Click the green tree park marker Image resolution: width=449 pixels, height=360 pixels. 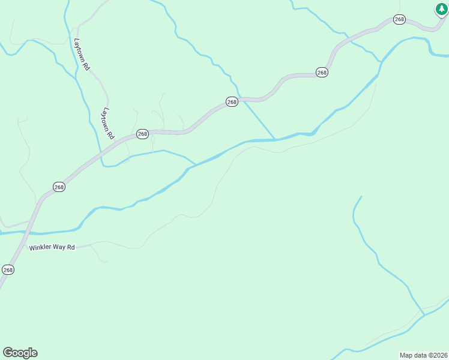pyautogui.click(x=442, y=9)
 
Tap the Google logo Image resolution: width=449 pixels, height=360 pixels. pyautogui.click(x=20, y=353)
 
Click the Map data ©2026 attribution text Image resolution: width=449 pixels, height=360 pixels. pyautogui.click(x=423, y=355)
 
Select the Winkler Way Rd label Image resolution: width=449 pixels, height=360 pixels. pyautogui.click(x=52, y=247)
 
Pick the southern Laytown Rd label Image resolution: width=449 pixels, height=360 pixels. pyautogui.click(x=107, y=124)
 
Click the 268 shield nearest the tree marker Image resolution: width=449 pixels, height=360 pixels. pyautogui.click(x=400, y=20)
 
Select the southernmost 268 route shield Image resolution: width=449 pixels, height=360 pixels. pyautogui.click(x=8, y=270)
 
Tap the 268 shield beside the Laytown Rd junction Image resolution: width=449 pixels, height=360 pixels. pyautogui.click(x=142, y=134)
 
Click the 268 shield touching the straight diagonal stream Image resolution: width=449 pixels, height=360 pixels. pyautogui.click(x=232, y=102)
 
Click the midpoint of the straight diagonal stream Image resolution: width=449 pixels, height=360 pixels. pyautogui.click(x=258, y=119)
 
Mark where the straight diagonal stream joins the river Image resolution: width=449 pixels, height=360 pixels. pyautogui.click(x=275, y=139)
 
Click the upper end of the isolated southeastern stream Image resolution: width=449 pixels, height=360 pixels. pyautogui.click(x=361, y=196)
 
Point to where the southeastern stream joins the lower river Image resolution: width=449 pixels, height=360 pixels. pyautogui.click(x=424, y=315)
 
